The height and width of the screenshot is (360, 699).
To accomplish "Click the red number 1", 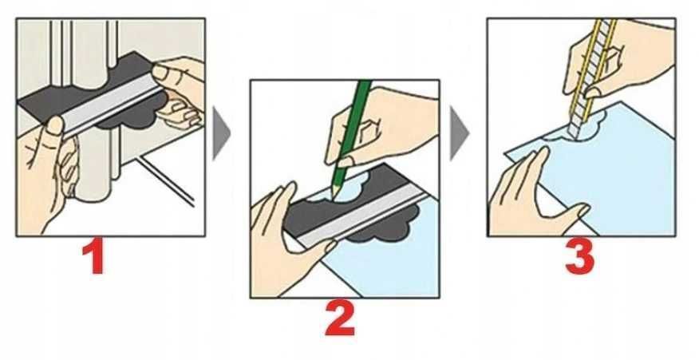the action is coord(93,257).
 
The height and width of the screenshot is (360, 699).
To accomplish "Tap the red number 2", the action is coord(340,318).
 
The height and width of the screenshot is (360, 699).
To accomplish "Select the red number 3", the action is coord(579,257).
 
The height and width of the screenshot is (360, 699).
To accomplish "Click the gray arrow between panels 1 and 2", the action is coord(221,133).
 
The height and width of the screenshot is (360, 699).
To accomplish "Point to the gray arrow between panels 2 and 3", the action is coord(460,133).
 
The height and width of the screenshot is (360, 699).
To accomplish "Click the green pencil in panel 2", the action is coord(352,134).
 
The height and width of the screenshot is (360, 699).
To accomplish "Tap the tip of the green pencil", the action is coord(332,196).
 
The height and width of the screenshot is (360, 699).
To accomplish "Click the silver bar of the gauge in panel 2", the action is coord(363,215).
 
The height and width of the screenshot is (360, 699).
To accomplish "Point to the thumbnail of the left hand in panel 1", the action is coord(55,125).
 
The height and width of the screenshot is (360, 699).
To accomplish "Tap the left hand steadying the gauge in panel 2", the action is coord(286,241).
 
